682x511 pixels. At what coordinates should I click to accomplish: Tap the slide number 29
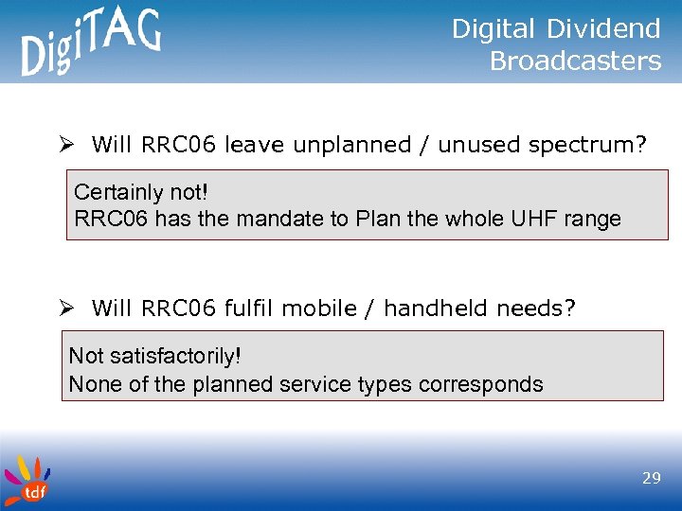tap(651, 479)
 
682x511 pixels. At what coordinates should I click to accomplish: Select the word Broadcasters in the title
tap(575, 62)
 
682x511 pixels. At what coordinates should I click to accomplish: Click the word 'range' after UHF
tap(592, 220)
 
